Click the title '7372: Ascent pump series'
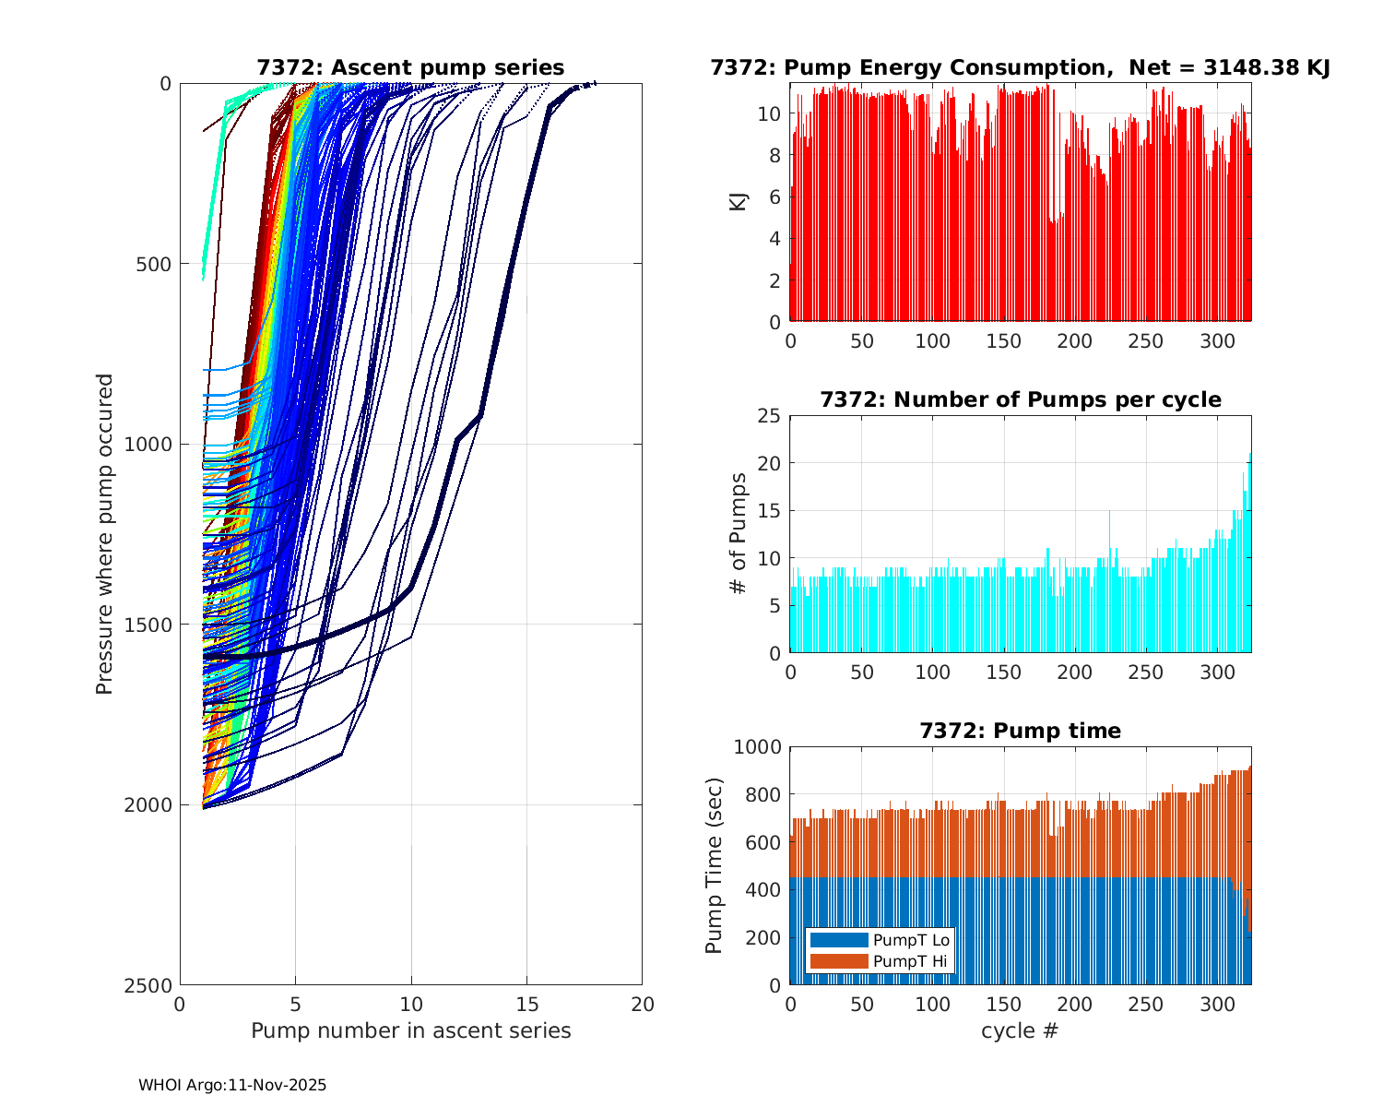[x=410, y=67]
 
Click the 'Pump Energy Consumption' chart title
[x=1020, y=67]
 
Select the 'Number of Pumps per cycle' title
[x=1020, y=399]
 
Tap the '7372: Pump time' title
[x=1020, y=731]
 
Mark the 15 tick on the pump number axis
[x=526, y=1004]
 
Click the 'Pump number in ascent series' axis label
[x=410, y=1030]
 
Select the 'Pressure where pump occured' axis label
[x=104, y=534]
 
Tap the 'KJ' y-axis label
[x=738, y=202]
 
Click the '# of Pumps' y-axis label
[x=738, y=533]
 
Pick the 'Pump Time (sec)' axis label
[x=714, y=865]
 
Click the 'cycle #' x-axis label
[x=1020, y=1030]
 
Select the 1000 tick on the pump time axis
[x=757, y=746]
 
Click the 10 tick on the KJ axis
[x=770, y=113]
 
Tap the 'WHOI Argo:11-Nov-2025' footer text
[x=232, y=1085]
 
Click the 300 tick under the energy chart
[x=1217, y=340]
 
